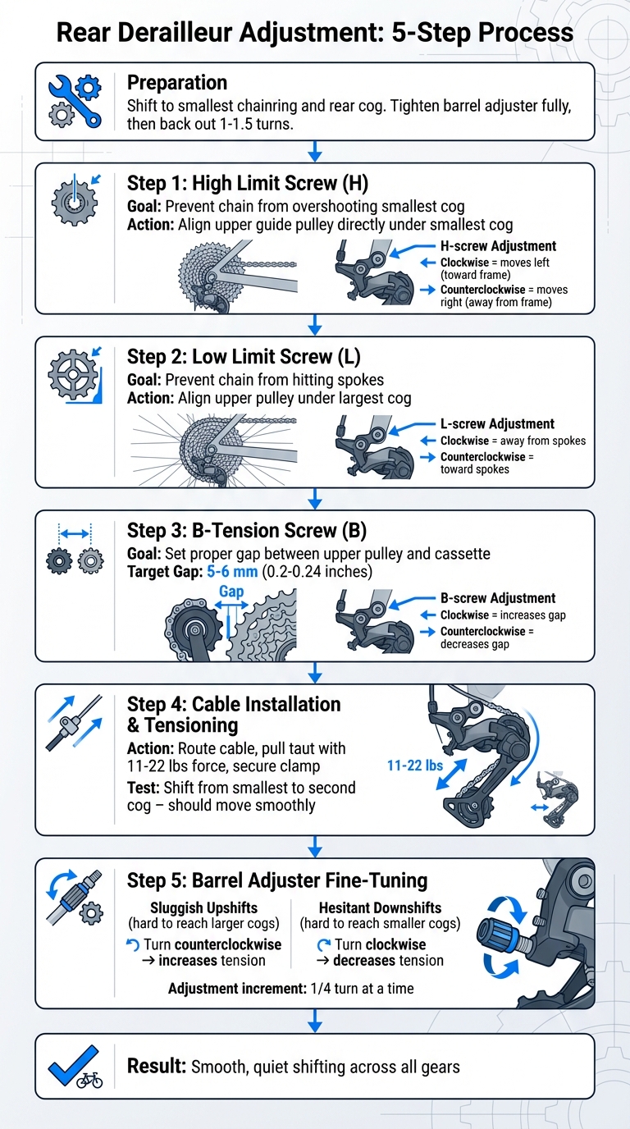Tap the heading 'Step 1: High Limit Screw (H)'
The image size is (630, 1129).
[x=248, y=182]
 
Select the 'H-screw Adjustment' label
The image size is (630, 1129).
[x=498, y=246]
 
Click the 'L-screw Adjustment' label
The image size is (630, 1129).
[x=497, y=424]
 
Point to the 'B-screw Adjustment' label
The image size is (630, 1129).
[x=497, y=598]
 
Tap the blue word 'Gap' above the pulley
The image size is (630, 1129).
[x=231, y=592]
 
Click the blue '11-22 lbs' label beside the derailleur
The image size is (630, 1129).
[x=416, y=765]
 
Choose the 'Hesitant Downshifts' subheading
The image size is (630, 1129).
[x=381, y=908]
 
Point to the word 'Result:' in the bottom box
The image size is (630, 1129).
[x=156, y=1067]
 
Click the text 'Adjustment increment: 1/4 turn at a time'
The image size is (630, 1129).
[x=290, y=989]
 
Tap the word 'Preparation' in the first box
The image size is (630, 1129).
[x=177, y=82]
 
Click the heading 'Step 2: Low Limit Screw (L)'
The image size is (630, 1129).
[x=244, y=356]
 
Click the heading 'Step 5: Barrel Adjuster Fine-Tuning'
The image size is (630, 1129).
[x=277, y=880]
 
